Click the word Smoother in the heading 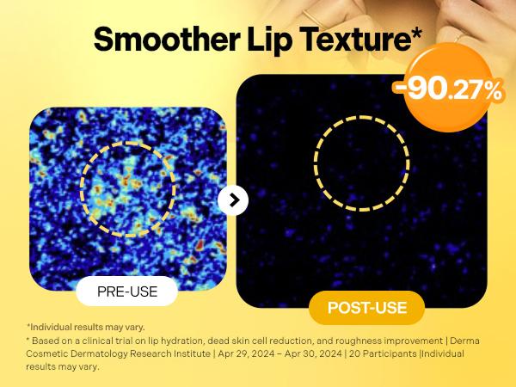(167, 39)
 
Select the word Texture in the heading (353, 40)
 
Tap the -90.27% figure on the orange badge (448, 89)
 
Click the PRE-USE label (127, 292)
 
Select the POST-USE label (367, 308)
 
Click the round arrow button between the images (233, 200)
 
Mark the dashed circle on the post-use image (316, 163)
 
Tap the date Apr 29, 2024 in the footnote (246, 353)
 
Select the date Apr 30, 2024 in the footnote (313, 353)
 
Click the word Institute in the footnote (192, 353)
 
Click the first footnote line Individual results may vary (85, 328)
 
